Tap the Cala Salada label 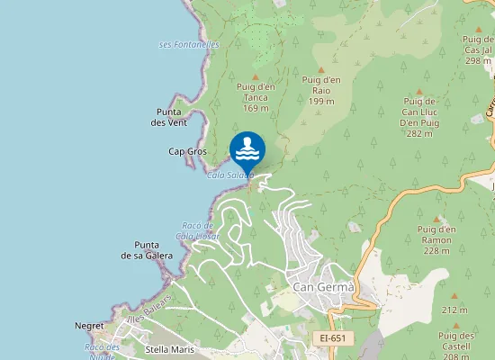coord(231,175)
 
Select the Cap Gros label coord(187,151)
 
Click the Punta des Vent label coord(169,117)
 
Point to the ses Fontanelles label coord(189,44)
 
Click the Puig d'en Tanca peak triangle coord(256,76)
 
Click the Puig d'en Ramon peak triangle coord(437,219)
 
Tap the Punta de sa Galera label coord(147,249)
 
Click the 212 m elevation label coord(454,310)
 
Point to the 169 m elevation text coord(256,108)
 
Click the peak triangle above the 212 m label coord(454,296)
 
